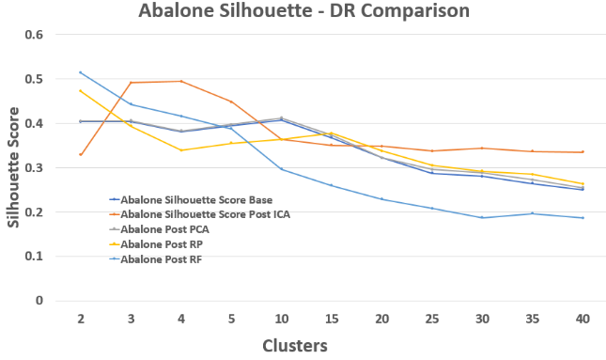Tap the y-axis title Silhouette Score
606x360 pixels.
pos(12,168)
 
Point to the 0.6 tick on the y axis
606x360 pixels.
pos(35,35)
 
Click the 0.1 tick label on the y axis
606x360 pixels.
pos(35,257)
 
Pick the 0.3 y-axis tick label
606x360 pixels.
pos(35,168)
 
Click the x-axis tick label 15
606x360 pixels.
pos(331,320)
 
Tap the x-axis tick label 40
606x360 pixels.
pos(582,320)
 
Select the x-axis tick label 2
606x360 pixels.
pos(81,320)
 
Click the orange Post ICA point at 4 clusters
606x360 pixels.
pos(180,81)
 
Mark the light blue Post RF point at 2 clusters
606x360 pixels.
pos(81,72)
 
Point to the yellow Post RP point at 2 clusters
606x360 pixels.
pos(81,91)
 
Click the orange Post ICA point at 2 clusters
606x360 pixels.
pos(81,154)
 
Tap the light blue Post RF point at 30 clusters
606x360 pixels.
pos(482,218)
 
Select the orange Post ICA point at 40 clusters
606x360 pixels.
pos(582,152)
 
